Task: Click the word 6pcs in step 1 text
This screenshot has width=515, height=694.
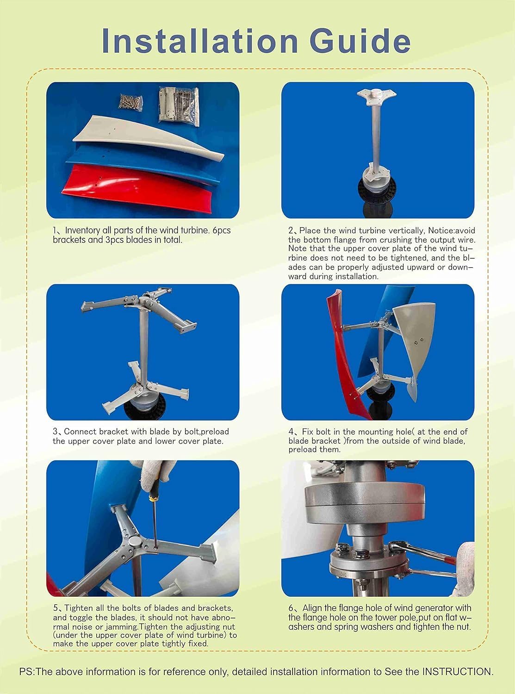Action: (221, 230)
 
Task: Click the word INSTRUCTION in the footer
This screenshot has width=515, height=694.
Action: (457, 671)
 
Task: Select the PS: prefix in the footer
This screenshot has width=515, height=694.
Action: (27, 671)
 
